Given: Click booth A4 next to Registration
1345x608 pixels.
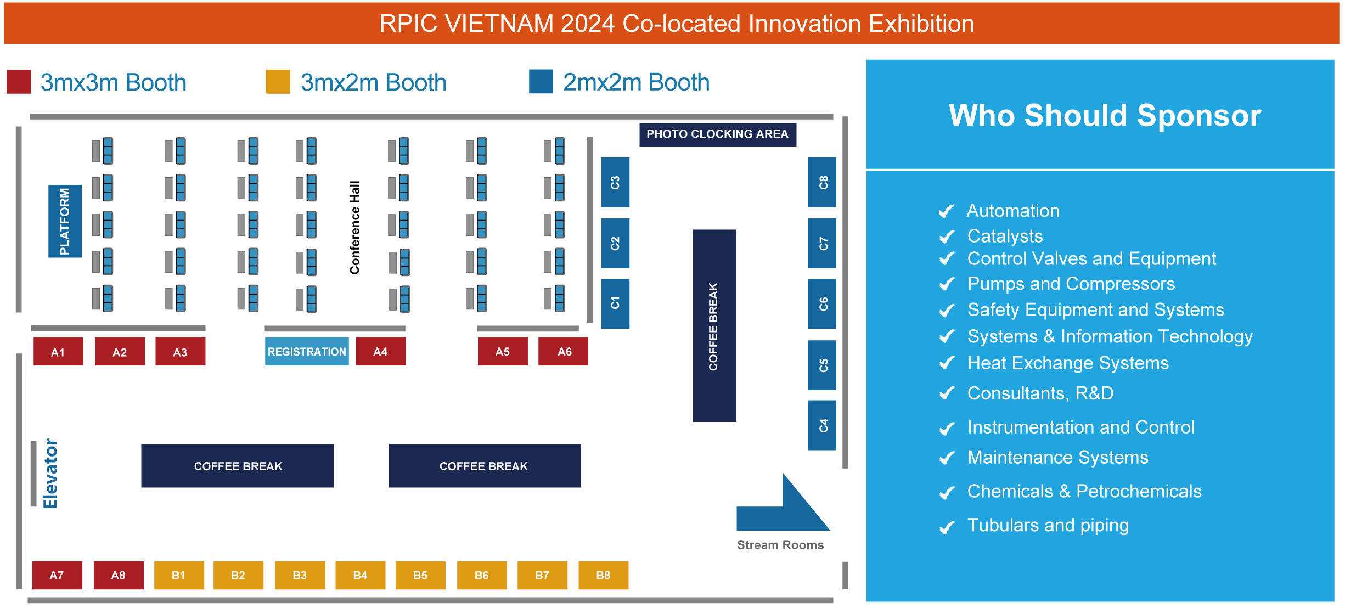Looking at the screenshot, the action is (x=381, y=351).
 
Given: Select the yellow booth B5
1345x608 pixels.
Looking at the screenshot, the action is (x=420, y=575).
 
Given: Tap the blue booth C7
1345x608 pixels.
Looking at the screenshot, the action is (x=822, y=243).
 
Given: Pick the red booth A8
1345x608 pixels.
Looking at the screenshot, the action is (x=119, y=575).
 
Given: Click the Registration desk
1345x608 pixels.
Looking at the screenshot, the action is (x=307, y=351).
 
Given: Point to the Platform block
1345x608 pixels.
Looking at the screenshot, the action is (x=65, y=221).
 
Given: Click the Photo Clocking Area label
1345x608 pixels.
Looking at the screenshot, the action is (x=717, y=134).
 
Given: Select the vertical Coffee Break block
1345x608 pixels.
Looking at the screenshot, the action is (x=714, y=326).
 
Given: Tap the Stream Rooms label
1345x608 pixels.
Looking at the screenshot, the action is (x=780, y=545).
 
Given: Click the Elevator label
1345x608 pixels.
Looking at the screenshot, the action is (x=50, y=474).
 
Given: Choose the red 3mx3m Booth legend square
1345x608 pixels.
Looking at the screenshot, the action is (x=19, y=82).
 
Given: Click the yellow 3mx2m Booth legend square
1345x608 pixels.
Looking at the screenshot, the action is (x=278, y=82).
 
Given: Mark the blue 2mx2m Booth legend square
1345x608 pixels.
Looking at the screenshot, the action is (x=541, y=82).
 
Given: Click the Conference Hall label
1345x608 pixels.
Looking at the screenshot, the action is (x=355, y=227).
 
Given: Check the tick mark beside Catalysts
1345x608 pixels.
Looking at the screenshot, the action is (x=947, y=237).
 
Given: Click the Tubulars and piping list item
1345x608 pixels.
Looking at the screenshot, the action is (x=1048, y=525).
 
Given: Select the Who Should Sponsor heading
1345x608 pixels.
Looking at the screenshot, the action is (x=1105, y=115).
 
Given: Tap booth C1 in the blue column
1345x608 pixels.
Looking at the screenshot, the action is (x=615, y=303).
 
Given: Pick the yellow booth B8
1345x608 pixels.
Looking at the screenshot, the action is (x=604, y=575).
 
